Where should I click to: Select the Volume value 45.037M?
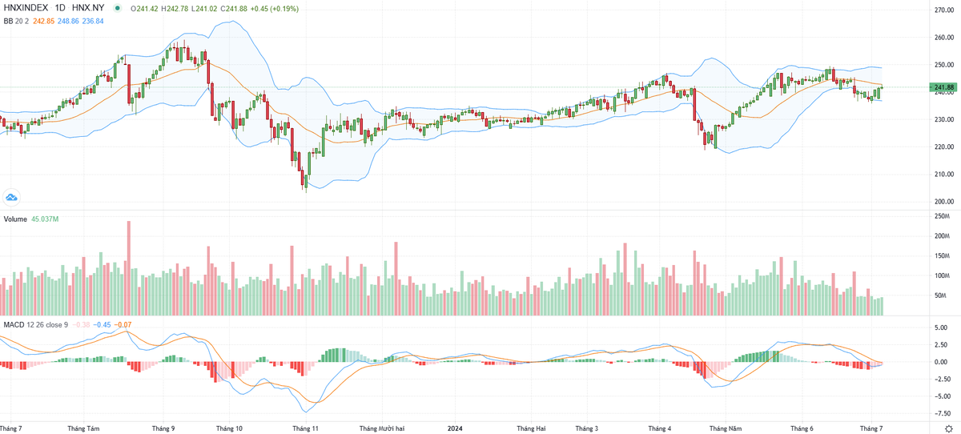click(46, 219)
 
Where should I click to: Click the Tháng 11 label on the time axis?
click(305, 428)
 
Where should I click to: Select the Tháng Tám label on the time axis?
click(84, 428)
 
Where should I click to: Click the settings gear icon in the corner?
click(948, 428)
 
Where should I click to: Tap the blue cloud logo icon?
click(12, 196)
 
